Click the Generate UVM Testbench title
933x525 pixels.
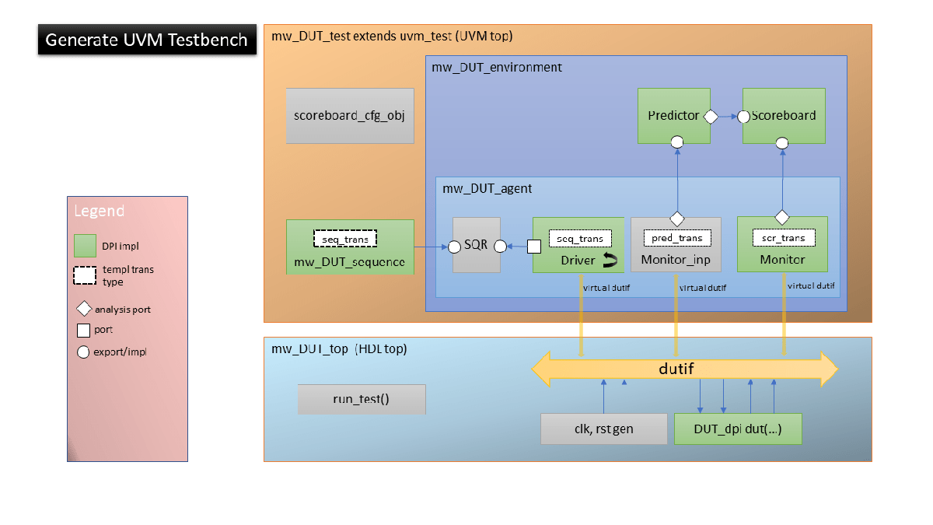(x=146, y=40)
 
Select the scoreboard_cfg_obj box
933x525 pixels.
(x=350, y=116)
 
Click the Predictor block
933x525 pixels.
(x=673, y=116)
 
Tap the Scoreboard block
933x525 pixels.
(x=784, y=116)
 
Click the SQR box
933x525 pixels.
(x=477, y=245)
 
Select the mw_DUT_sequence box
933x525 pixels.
(x=349, y=247)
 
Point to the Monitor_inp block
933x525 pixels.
(x=676, y=244)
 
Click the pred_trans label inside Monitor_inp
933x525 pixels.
(x=676, y=237)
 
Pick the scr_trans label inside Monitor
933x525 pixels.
(x=783, y=237)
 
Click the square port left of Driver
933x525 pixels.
(x=533, y=247)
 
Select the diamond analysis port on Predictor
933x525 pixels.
(x=709, y=117)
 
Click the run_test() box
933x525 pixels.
(x=362, y=399)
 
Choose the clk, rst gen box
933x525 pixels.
(x=603, y=429)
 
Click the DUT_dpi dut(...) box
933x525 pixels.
(x=737, y=429)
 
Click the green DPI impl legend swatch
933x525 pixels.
(x=85, y=245)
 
